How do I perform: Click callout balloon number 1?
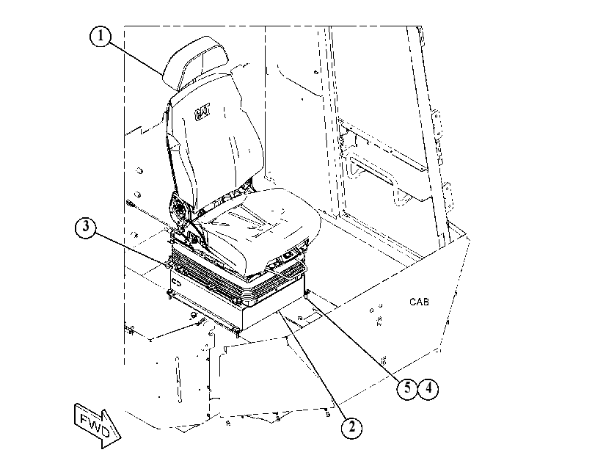tap(101, 36)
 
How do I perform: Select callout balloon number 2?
tap(351, 427)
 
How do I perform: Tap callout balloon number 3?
tap(86, 227)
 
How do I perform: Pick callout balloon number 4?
tap(428, 388)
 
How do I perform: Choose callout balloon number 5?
tap(407, 388)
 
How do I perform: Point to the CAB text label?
tap(420, 302)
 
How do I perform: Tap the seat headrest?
tap(195, 62)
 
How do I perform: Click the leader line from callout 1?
tap(136, 60)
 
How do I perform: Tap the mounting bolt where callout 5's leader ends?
tap(307, 293)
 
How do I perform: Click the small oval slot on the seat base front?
tap(177, 282)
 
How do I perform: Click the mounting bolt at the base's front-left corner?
tap(169, 293)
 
